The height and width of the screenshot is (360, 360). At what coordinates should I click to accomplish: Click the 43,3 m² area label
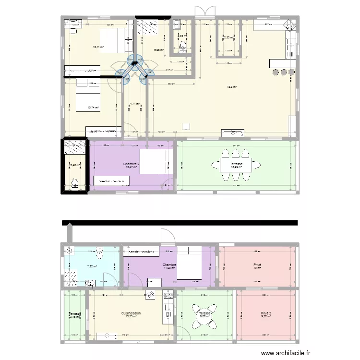coord(232,87)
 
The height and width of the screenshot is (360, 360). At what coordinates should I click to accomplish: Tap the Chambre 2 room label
coord(131,164)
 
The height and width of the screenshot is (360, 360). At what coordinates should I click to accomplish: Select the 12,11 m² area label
coord(98,47)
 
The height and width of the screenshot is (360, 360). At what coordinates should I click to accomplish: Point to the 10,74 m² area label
coord(93,108)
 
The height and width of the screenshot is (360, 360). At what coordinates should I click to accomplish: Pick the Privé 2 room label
coord(266,312)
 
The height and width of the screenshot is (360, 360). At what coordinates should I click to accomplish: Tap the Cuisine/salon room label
coord(131,312)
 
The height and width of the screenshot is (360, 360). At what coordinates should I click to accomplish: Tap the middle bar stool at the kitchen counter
coord(283,72)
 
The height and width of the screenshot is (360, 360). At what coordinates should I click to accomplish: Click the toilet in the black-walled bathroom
coord(74,182)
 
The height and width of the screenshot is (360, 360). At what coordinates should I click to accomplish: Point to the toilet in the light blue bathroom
coord(99,250)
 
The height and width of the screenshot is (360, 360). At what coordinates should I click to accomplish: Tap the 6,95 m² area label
coord(159,49)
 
